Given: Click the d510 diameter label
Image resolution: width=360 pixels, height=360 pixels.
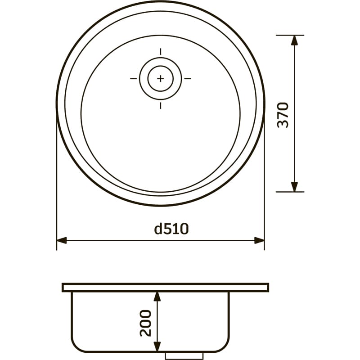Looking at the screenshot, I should [171, 229].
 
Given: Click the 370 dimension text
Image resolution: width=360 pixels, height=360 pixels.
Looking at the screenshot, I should [283, 115].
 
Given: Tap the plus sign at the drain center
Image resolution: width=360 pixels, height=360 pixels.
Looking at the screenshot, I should [161, 78].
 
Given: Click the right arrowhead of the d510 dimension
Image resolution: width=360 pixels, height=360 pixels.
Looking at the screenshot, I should [259, 240].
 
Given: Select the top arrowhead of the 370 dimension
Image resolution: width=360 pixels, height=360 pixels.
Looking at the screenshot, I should [295, 40].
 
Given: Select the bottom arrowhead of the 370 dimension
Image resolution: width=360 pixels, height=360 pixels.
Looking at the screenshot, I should [295, 186].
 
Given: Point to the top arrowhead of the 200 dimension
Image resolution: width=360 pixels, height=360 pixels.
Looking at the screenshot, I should [157, 296].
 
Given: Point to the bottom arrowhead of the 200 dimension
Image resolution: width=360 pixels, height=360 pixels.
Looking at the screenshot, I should [157, 347].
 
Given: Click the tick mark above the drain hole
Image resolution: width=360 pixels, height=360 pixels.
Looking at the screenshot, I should [161, 52].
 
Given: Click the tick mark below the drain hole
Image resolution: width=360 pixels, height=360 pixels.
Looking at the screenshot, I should [161, 105].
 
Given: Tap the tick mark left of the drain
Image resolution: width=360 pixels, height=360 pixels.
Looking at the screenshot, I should [134, 78].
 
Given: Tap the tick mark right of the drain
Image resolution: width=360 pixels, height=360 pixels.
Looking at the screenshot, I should [188, 78].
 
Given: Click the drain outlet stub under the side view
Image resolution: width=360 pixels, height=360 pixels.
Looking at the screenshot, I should [178, 355].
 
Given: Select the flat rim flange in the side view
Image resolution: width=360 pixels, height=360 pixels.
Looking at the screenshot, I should [165, 287].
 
